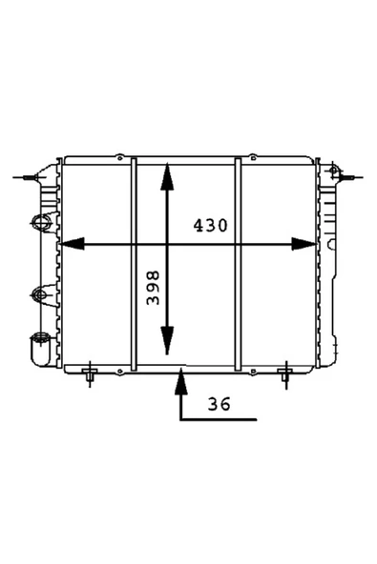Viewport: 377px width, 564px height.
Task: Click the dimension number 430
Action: coord(211,226)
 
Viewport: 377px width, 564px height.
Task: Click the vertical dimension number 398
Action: coord(153,288)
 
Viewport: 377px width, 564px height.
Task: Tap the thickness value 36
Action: coord(219,404)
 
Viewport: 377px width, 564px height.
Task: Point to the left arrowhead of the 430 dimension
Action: coord(72,244)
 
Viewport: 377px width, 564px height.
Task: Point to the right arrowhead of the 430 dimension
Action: coord(304,244)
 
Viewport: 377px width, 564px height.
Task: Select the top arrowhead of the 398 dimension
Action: coord(167,176)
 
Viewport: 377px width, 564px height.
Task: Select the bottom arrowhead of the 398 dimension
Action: coord(167,341)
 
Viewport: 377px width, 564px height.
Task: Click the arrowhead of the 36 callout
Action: coord(181,381)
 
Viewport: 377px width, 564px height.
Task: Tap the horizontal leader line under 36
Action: coord(219,419)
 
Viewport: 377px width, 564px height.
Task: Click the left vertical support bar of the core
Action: coord(134,264)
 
